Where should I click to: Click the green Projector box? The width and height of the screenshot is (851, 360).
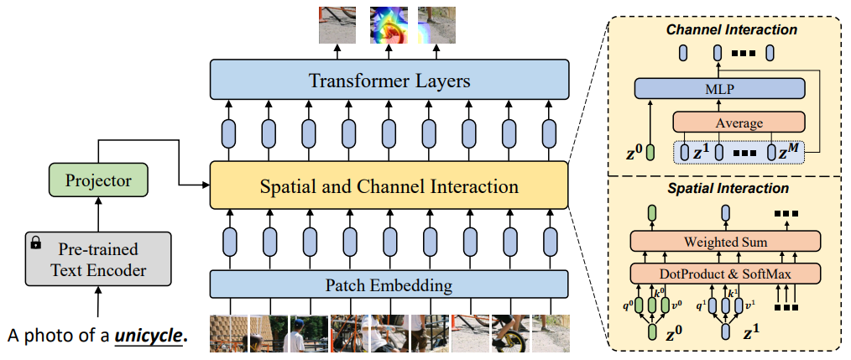[99, 180]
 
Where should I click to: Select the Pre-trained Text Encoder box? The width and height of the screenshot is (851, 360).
[97, 259]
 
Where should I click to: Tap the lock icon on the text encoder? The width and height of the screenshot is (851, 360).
[35, 243]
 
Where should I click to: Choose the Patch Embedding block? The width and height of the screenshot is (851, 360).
[389, 285]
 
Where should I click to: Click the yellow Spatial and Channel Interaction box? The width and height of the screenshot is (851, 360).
[389, 185]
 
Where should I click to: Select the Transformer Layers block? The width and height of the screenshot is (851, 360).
[389, 81]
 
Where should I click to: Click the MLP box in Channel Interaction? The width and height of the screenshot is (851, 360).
[719, 87]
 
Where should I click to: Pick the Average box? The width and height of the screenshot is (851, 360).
[739, 123]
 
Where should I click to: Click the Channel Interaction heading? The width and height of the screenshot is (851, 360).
[731, 30]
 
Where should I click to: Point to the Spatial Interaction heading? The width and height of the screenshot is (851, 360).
[727, 189]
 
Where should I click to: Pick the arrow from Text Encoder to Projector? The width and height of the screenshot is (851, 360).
[99, 217]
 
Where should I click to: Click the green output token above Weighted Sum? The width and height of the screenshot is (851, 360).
[652, 213]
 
